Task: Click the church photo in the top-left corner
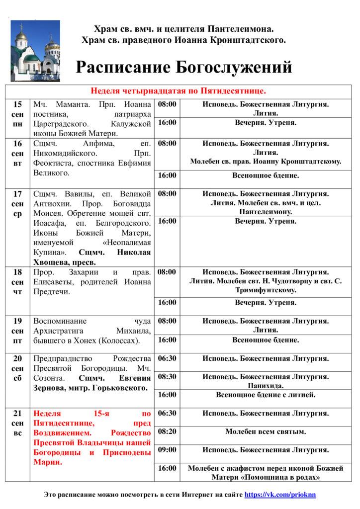[35, 51]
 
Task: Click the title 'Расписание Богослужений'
[183, 67]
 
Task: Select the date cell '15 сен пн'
[17, 114]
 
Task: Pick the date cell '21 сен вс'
[17, 424]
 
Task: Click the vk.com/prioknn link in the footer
[280, 495]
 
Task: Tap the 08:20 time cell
[167, 431]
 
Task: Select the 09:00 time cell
[167, 450]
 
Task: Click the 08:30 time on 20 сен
[167, 377]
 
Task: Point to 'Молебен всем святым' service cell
[266, 431]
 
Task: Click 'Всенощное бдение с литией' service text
[266, 395]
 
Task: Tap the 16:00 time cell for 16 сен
[167, 175]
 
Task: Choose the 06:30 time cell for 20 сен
[167, 358]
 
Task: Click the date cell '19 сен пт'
[17, 331]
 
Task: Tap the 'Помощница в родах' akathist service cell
[266, 473]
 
